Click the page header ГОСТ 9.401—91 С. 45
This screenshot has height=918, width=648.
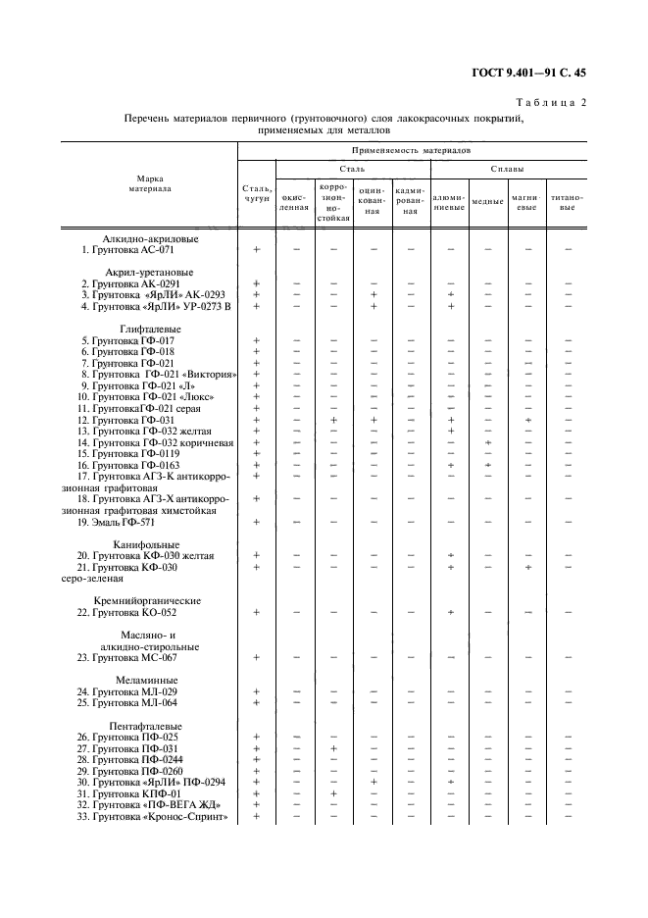click(x=528, y=73)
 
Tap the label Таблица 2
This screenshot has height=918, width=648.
click(x=550, y=102)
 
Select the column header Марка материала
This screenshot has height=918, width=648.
click(x=150, y=183)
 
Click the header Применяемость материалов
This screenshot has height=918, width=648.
click(x=412, y=151)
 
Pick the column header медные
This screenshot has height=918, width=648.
click(x=487, y=201)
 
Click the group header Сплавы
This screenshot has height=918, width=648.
click(x=508, y=170)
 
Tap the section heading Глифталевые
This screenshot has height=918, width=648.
click(x=150, y=329)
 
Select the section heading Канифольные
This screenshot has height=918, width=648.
click(x=146, y=544)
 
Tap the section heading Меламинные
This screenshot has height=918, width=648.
click(x=146, y=680)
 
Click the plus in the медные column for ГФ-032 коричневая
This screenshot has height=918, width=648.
click(x=487, y=442)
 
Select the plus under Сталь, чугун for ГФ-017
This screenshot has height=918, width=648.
click(x=257, y=340)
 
